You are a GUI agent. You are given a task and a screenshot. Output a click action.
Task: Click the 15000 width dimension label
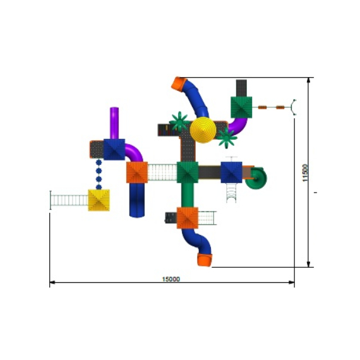(x=171, y=279)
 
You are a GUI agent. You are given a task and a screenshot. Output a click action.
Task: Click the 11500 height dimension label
(x=305, y=172)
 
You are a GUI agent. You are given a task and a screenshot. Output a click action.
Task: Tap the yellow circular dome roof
(x=203, y=130)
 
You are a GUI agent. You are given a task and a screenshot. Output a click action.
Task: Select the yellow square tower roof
(x=99, y=200)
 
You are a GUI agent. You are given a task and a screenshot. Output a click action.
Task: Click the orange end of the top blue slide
(x=179, y=84)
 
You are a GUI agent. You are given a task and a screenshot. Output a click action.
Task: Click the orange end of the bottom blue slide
(x=205, y=260)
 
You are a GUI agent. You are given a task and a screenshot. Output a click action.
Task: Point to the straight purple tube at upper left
(x=114, y=123)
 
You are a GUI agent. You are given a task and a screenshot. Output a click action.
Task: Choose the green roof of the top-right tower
(x=241, y=107)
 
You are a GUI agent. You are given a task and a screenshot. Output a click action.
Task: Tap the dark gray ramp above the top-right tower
(x=241, y=88)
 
